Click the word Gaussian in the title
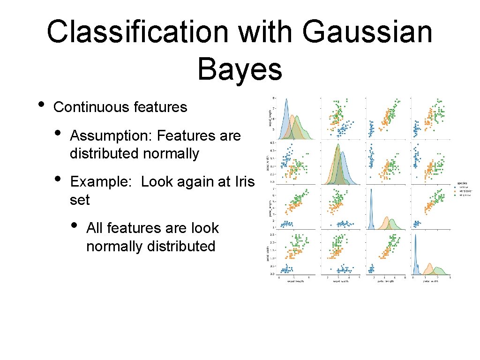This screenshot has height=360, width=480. [x=367, y=32]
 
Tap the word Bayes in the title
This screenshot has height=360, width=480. [x=240, y=69]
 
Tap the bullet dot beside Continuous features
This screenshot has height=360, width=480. [x=42, y=104]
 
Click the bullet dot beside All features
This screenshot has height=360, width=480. [x=75, y=225]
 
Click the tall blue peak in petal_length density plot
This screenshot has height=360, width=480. [x=371, y=190]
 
